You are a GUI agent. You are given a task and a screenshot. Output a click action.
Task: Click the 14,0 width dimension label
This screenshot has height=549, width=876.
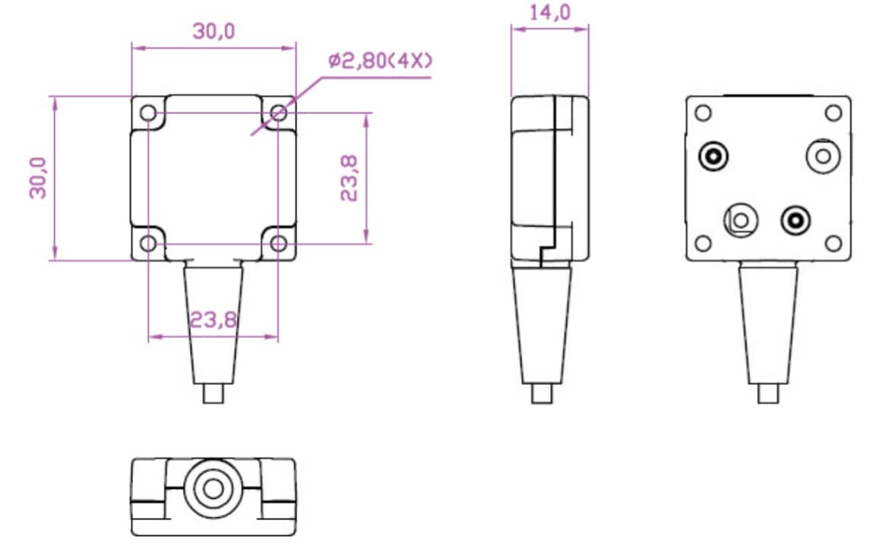coord(549,13)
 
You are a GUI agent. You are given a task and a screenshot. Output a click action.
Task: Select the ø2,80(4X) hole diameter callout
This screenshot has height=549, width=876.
coord(381,62)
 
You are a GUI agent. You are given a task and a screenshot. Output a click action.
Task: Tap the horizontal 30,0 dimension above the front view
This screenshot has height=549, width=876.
coord(213,31)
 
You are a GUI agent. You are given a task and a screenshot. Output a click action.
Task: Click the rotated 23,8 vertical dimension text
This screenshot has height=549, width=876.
coord(349,178)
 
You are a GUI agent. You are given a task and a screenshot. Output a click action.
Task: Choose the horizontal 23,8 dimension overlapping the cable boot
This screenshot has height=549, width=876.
coord(213,320)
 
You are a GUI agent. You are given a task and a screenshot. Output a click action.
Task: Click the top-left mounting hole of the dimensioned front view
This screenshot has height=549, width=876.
coord(149,114)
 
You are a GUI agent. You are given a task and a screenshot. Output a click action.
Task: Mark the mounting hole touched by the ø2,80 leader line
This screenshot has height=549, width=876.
coord(279,114)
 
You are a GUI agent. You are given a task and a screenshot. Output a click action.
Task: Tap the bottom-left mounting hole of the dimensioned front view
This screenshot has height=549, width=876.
coord(149,243)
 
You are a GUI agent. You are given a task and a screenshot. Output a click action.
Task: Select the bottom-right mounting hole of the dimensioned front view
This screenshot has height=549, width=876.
coord(279,243)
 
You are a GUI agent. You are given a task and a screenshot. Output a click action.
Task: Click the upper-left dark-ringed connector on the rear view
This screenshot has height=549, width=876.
coord(714,156)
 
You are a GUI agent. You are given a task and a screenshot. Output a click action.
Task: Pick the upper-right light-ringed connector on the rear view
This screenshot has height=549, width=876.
coord(823,156)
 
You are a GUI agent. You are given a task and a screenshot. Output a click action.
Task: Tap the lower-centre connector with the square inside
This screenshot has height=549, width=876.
coord(741,220)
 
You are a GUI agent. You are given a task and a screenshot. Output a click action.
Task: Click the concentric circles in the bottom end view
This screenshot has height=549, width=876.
coord(213,487)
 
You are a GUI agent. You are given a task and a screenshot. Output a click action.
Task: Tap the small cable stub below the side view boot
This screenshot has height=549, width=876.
coord(541,394)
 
